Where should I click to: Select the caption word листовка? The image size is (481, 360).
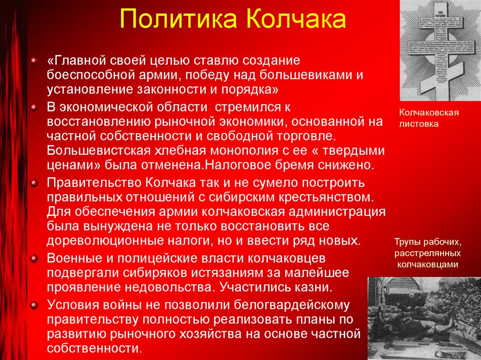(x=419, y=124)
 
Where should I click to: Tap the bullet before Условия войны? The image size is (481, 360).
(x=33, y=305)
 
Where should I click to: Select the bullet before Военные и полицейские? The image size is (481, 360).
(x=33, y=259)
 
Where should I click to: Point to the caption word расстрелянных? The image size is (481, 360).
(x=427, y=253)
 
